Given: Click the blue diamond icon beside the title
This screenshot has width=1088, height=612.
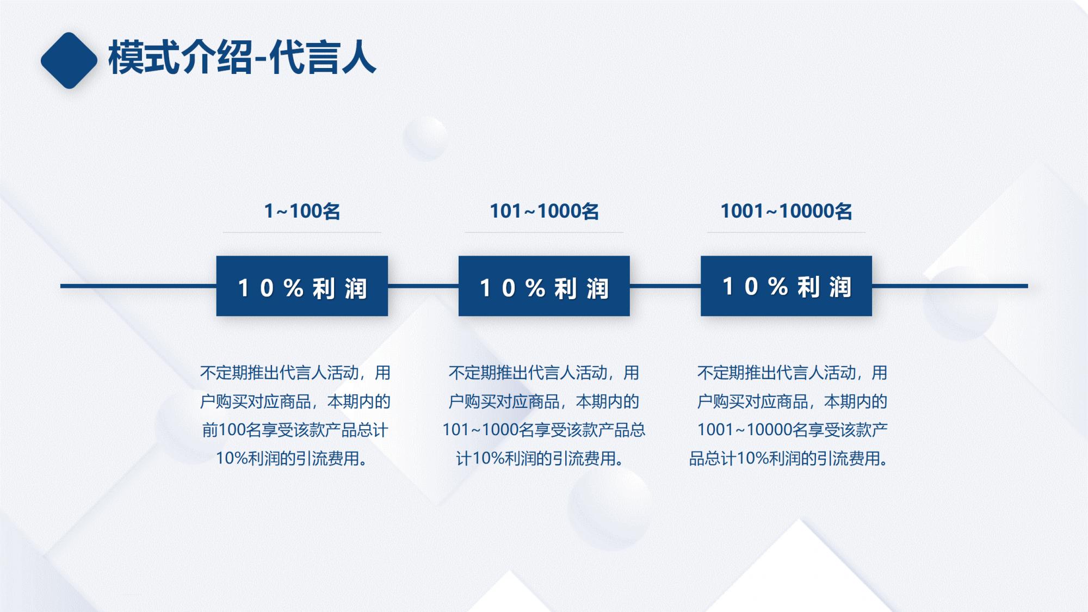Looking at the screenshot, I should tap(69, 60).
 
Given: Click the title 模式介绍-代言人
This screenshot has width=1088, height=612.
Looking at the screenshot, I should tap(242, 58).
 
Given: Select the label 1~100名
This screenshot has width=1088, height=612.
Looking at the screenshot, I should tap(302, 211).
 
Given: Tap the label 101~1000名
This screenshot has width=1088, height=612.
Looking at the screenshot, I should tap(544, 211).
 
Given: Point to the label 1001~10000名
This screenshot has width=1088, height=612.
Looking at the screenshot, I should tap(786, 211).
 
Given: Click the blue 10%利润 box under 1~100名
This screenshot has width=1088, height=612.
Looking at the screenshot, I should tap(302, 286).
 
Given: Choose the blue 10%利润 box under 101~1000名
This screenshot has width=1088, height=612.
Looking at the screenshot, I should tap(544, 286).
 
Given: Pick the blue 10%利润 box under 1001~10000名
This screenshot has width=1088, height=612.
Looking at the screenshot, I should tap(786, 286).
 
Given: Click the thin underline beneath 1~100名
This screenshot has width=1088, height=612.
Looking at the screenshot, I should tap(302, 233).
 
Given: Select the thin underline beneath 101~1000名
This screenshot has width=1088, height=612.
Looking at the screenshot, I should tap(544, 233).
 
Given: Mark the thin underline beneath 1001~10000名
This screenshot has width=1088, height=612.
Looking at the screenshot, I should tap(786, 233).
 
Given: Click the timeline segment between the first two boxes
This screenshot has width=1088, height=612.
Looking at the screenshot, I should tap(423, 286).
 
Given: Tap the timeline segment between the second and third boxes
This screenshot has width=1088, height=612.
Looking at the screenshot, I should tap(665, 286).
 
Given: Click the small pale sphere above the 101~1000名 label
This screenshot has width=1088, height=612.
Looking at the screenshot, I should tap(425, 138).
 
